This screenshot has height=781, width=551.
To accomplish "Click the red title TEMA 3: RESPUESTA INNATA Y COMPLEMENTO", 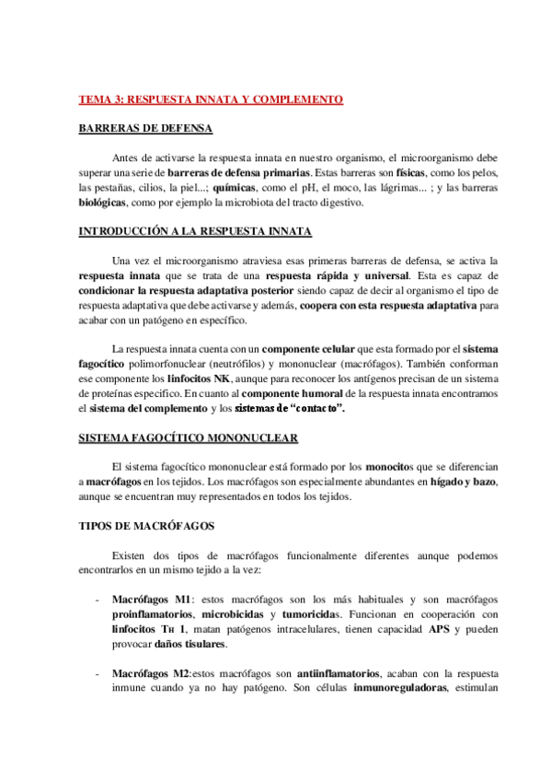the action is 211,99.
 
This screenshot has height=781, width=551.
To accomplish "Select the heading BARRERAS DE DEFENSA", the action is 144,129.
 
